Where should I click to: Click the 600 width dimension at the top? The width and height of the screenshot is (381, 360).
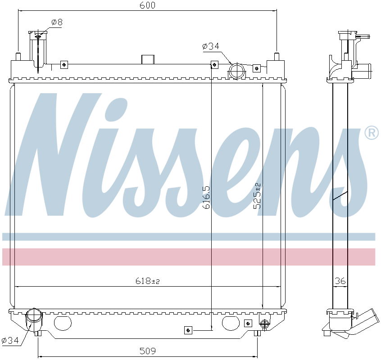tap(147, 5)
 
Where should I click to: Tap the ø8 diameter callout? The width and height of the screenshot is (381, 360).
tap(57, 22)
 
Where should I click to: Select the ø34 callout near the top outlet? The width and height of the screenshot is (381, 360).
tap(211, 46)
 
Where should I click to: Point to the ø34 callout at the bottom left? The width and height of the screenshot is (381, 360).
tap(10, 341)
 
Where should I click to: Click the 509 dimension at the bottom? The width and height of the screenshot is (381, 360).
tap(148, 351)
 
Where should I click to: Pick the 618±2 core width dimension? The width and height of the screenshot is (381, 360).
tap(148, 281)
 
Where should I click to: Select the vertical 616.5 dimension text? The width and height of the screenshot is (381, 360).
tap(206, 198)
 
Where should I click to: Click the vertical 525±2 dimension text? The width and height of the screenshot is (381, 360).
tap(257, 196)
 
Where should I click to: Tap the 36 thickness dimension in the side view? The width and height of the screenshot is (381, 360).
tap(340, 281)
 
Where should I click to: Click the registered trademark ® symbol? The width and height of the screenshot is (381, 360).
tap(371, 133)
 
